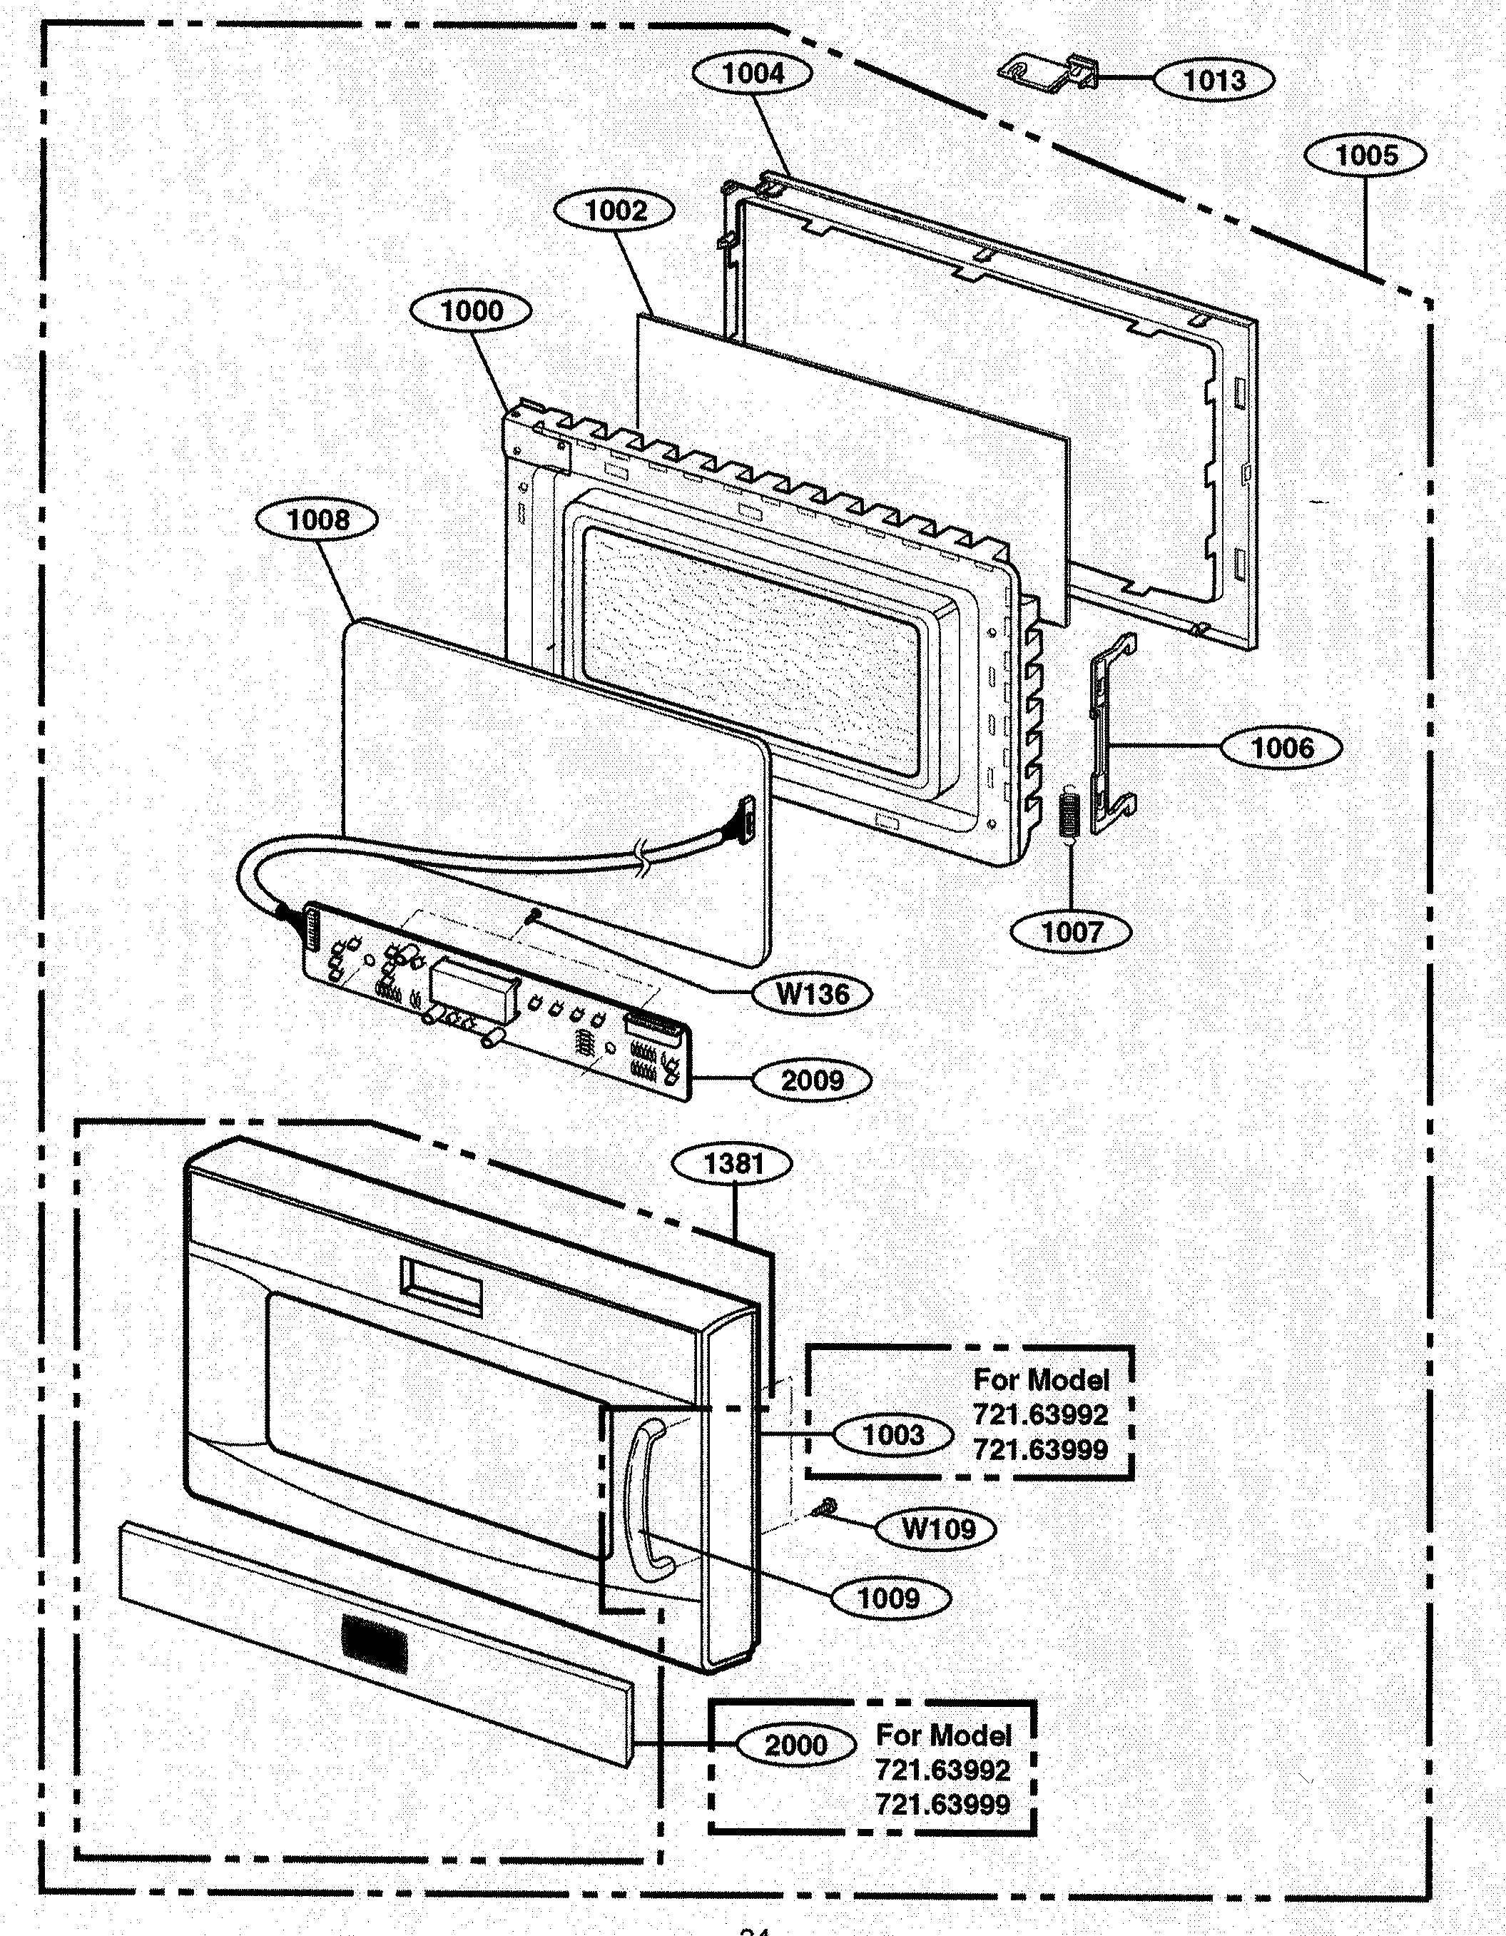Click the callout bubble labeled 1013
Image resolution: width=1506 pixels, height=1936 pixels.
[1214, 80]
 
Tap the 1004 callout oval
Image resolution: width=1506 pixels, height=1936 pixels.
[752, 74]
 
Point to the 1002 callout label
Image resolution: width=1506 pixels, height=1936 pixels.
[614, 211]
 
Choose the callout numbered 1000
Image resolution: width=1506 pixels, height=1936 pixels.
[471, 311]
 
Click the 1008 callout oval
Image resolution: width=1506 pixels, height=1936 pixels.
[317, 520]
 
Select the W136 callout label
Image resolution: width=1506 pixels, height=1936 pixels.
[811, 994]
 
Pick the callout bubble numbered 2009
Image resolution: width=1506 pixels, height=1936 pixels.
[811, 1080]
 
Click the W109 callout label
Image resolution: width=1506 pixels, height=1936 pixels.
[937, 1529]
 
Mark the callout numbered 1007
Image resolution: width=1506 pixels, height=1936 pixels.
[1071, 932]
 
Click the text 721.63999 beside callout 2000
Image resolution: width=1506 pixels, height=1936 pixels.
[942, 1804]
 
